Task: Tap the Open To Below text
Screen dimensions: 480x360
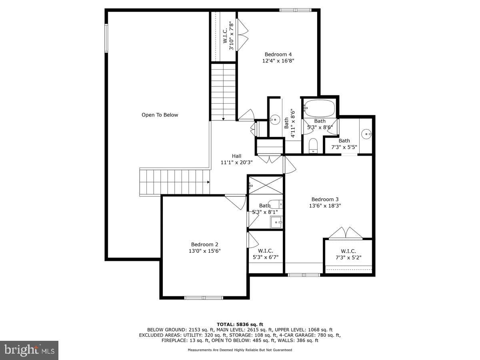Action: [x=160, y=115]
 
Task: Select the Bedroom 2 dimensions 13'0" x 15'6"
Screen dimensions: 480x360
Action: [x=204, y=251]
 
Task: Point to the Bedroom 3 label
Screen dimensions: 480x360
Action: [x=325, y=199]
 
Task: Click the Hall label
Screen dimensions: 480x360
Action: [x=236, y=156]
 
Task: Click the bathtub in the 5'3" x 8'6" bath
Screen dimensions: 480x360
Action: [x=320, y=108]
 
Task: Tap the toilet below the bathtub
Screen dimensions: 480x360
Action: [x=313, y=145]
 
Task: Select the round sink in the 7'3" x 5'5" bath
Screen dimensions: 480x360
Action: [x=366, y=134]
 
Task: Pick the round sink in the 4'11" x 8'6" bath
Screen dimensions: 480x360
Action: [x=275, y=120]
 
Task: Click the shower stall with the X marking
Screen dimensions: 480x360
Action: [x=266, y=185]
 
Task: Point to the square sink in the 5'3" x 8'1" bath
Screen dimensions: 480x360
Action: [x=276, y=222]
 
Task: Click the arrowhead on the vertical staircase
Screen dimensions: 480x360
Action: [x=223, y=119]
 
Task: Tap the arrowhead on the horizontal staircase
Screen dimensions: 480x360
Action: [x=208, y=182]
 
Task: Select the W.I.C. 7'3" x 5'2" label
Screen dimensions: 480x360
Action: [x=348, y=254]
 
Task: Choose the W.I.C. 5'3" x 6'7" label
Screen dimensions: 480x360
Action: [x=266, y=254]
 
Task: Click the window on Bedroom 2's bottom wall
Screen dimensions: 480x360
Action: [x=204, y=298]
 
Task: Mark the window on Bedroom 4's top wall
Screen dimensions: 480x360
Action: [x=296, y=10]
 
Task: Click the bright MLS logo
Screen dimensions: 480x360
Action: [x=29, y=350]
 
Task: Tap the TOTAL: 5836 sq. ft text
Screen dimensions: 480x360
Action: [x=240, y=324]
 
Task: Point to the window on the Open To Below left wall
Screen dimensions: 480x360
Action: [x=106, y=38]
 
